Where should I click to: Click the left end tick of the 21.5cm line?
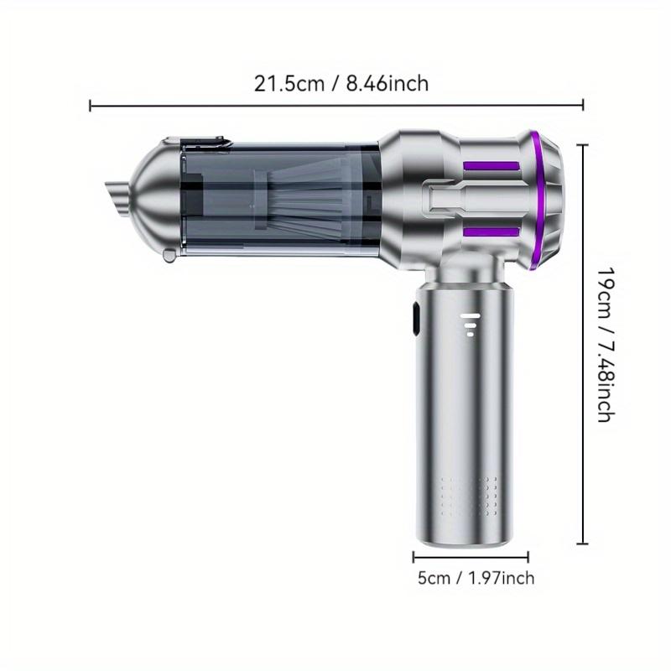(x=91, y=106)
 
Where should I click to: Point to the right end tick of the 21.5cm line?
(x=583, y=106)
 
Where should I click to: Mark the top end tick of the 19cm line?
(x=583, y=144)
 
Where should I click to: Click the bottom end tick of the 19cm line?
(x=583, y=544)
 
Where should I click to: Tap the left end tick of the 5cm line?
(x=413, y=556)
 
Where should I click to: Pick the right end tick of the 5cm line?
(x=528, y=556)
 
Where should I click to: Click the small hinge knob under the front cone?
(x=169, y=255)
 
